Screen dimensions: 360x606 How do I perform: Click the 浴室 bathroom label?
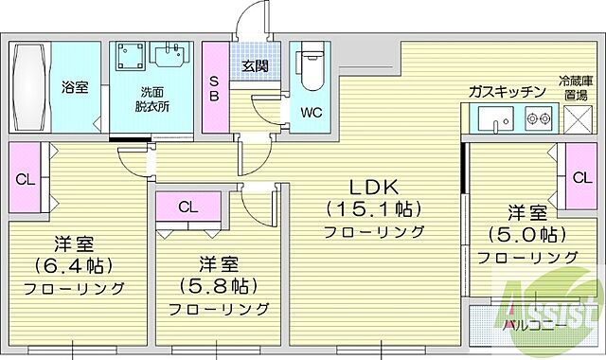coord(75,87)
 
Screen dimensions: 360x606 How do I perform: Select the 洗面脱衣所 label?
coord(151,99)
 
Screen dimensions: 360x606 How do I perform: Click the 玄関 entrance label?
coord(254,66)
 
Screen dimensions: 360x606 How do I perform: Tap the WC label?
coord(312,113)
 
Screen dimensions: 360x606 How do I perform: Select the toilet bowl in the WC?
coord(311,69)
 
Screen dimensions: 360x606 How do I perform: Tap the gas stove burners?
coord(539,119)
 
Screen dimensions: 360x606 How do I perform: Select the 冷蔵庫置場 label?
coord(575,89)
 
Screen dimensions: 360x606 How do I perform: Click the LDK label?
coord(374,187)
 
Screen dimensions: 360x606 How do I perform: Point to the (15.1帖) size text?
coord(374,208)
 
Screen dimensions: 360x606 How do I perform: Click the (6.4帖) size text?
coord(73,265)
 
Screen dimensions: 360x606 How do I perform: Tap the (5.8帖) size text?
coord(219,284)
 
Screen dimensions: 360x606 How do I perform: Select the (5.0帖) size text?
coord(527,234)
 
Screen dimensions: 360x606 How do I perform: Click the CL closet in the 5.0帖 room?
coord(577,177)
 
